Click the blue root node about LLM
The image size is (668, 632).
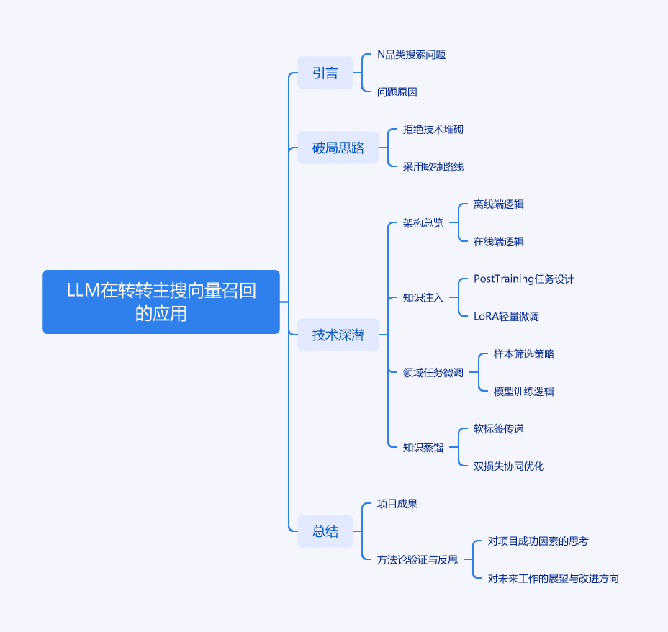click(161, 302)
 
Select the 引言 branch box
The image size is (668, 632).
click(325, 73)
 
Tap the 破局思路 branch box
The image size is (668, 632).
click(338, 148)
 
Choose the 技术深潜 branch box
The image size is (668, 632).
click(338, 335)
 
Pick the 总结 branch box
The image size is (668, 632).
click(325, 531)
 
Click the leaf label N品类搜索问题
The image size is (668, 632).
click(411, 55)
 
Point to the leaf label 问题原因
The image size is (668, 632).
click(397, 92)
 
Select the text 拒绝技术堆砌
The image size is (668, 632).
click(433, 130)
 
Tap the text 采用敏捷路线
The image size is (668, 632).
click(433, 167)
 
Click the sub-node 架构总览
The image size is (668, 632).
click(423, 223)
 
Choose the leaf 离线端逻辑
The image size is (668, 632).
click(499, 204)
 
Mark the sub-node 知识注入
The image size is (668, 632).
click(423, 298)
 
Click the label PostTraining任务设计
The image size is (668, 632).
click(524, 279)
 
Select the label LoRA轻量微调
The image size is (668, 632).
click(507, 317)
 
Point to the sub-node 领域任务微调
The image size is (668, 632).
click(433, 373)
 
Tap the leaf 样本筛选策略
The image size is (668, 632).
click(524, 354)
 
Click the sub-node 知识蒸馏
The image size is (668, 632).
click(423, 448)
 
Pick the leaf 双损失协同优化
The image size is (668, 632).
click(509, 466)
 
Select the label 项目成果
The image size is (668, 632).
click(397, 504)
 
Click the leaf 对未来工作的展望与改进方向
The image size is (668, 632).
click(554, 579)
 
